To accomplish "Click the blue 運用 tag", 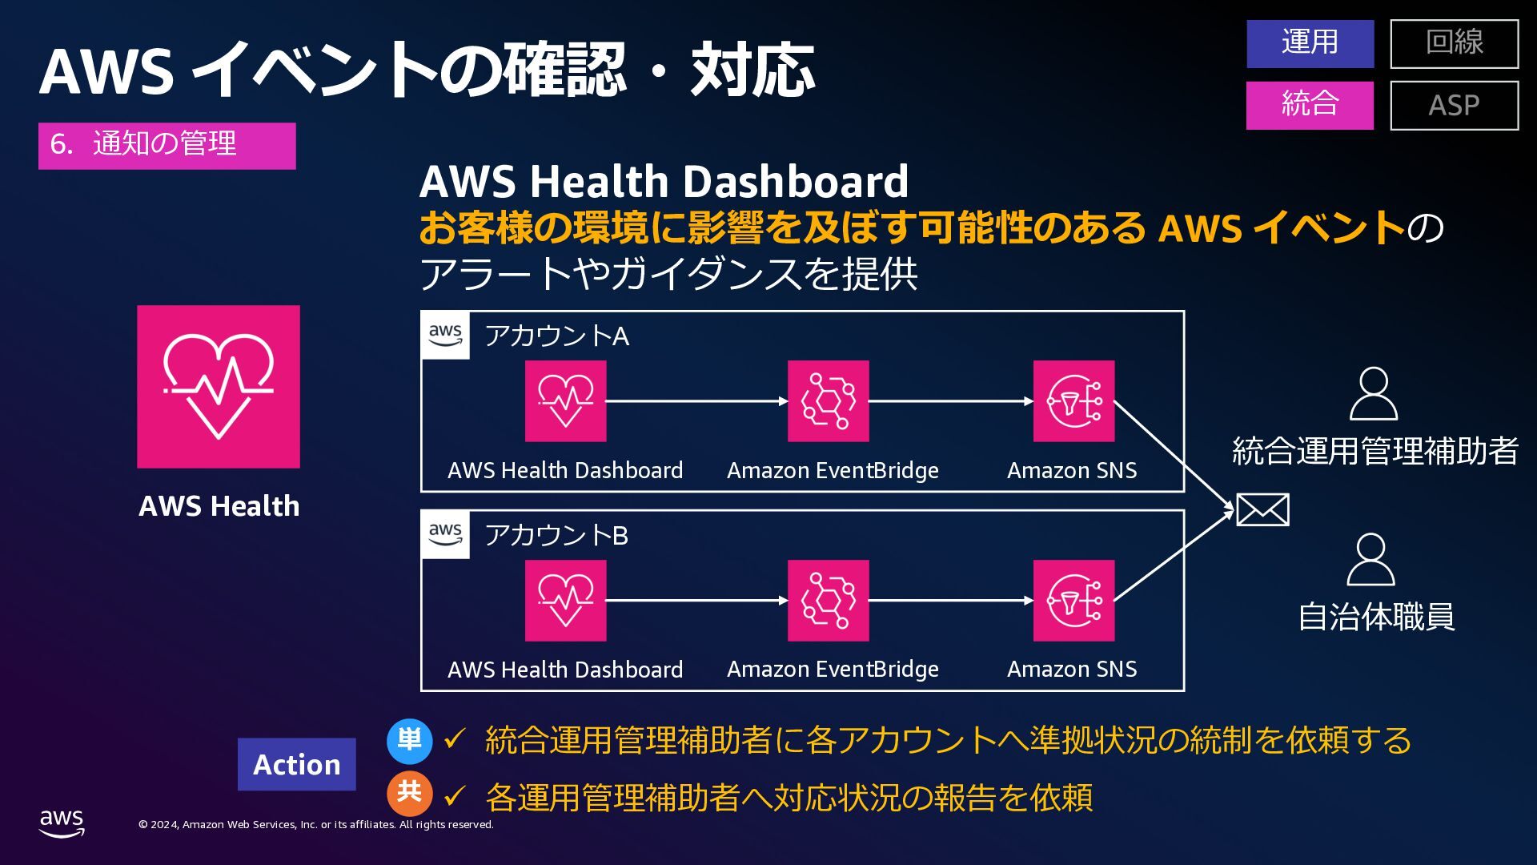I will pos(1310,43).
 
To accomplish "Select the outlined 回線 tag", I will pos(1454,43).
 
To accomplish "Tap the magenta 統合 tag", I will pos(1310,105).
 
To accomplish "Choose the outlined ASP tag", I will pos(1454,105).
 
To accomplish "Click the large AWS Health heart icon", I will pos(219,386).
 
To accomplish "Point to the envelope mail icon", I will pos(1262,510).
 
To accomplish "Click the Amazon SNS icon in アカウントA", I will pos(1073,401).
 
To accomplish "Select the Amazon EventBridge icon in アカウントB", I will pos(828,601).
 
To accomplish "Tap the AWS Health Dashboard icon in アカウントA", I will pos(565,401).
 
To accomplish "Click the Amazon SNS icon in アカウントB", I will pos(1073,601).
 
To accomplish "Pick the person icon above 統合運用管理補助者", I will pos(1373,394).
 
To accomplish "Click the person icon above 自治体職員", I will pos(1370,560).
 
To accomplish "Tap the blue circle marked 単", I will pos(409,740).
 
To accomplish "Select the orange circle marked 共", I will pos(409,793).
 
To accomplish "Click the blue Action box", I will pos(296,764).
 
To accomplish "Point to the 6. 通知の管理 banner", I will pos(167,145).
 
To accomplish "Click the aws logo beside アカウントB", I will pos(445,534).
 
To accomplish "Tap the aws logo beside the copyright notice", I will pos(62,823).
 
